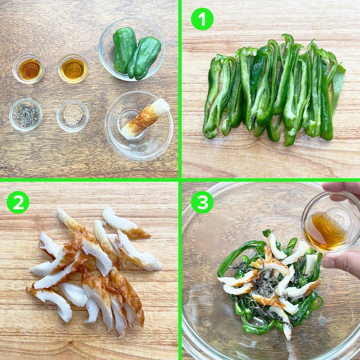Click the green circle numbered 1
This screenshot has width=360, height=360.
[x=202, y=19]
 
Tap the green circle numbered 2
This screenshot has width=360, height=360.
[x=18, y=202]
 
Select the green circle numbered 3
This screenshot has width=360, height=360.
[x=202, y=202]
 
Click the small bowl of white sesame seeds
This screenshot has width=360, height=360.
[x=73, y=116]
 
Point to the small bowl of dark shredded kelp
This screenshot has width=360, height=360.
[x=26, y=115]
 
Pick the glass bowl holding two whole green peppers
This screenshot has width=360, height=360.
[x=132, y=49]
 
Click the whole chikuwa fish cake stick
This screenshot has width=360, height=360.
[x=146, y=118]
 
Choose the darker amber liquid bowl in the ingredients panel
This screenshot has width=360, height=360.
[x=29, y=69]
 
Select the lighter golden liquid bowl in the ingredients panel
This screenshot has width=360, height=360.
[x=73, y=69]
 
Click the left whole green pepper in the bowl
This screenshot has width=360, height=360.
[x=124, y=49]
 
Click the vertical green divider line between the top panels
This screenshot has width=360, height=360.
[x=180, y=89]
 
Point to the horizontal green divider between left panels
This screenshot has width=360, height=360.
[x=89, y=180]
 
